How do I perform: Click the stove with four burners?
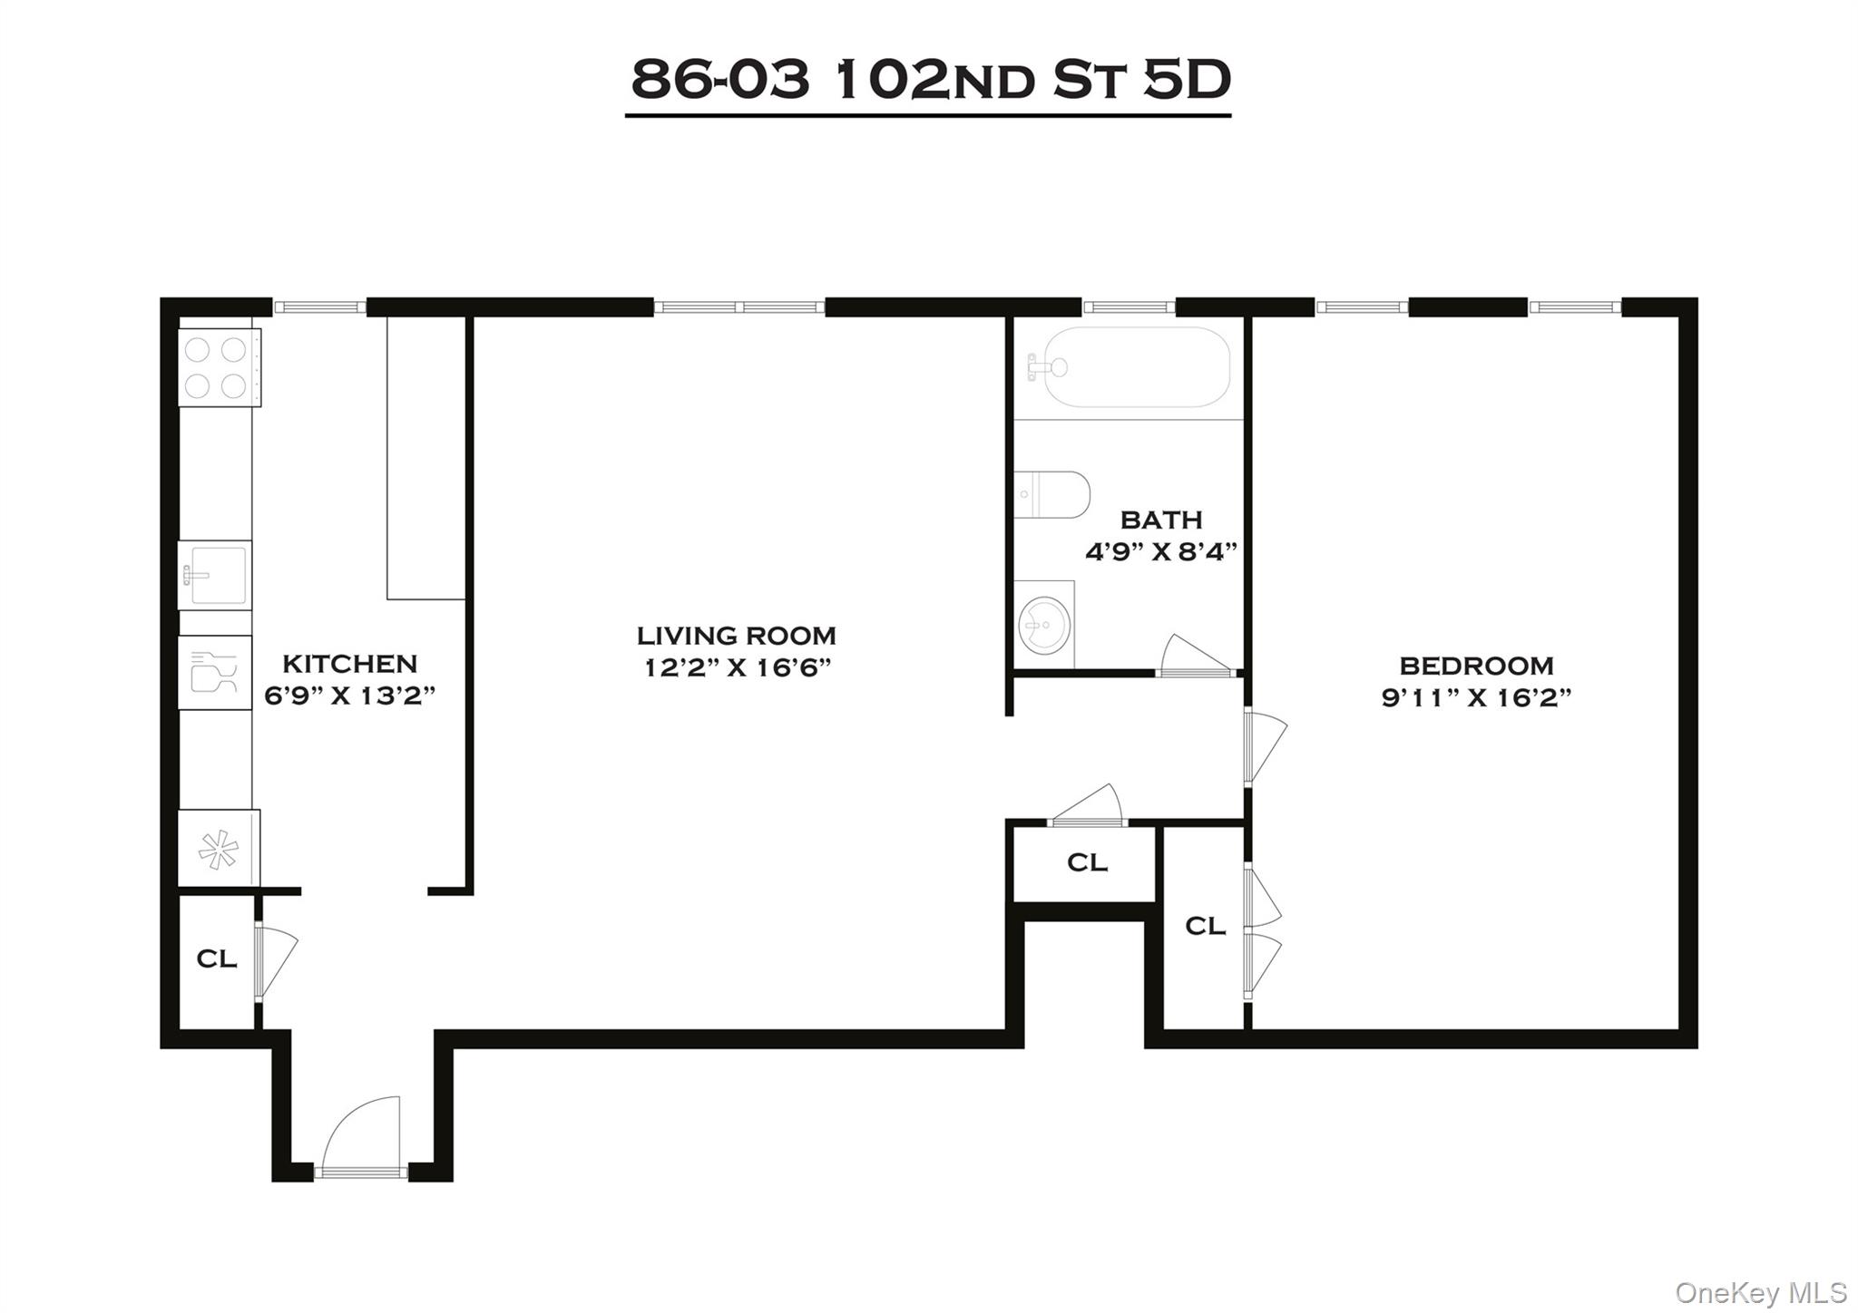[219, 367]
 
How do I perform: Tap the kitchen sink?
[215, 575]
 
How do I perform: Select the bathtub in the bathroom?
[1136, 367]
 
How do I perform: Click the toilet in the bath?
[1052, 494]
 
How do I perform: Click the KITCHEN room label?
[349, 664]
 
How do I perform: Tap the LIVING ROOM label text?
[736, 636]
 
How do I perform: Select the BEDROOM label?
[1476, 666]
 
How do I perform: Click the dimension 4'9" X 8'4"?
[1161, 551]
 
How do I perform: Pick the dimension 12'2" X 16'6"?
[737, 668]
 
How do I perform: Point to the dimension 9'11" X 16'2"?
[1476, 697]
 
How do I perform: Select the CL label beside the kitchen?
[217, 958]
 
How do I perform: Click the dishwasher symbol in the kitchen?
[215, 673]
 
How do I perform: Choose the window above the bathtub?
[1129, 307]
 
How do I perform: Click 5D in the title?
[1186, 80]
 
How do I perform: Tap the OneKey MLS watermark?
[1760, 1291]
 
